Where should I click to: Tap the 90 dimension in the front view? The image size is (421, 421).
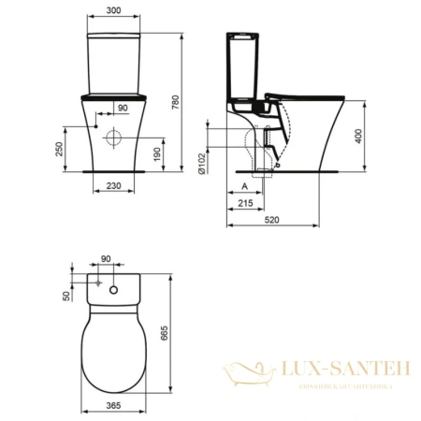123,108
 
